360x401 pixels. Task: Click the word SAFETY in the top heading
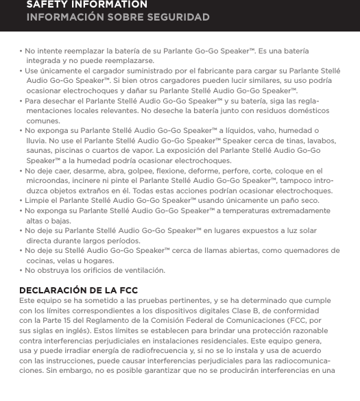tap(47, 4)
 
